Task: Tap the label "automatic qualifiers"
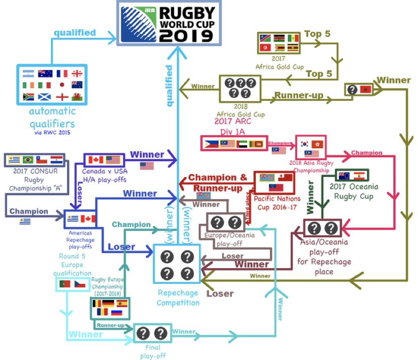[51, 117]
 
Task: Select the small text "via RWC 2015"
[51, 133]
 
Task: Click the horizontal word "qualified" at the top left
[75, 33]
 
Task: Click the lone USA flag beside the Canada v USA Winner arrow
[147, 165]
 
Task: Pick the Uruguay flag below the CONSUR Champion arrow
[25, 221]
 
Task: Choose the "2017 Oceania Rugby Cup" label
[360, 192]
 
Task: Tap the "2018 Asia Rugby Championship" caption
[311, 166]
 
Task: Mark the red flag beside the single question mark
[366, 89]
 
